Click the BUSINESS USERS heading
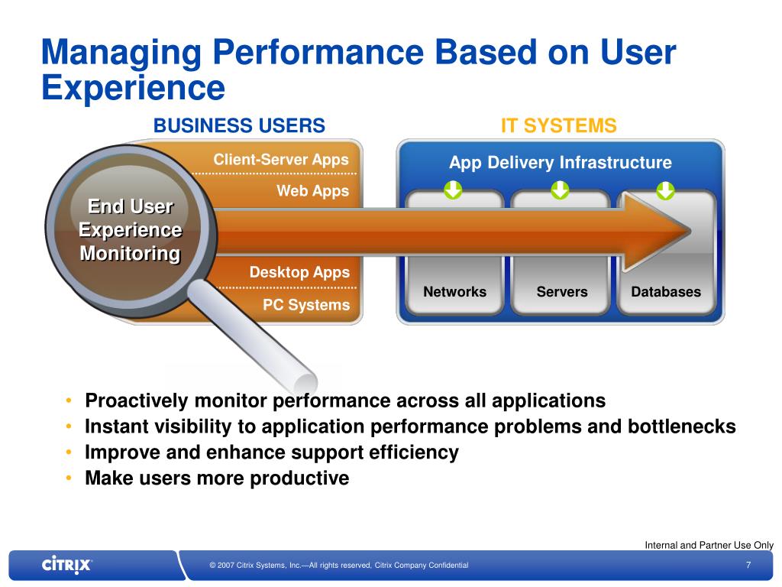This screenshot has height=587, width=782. click(x=240, y=126)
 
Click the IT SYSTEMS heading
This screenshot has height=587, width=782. click(x=558, y=126)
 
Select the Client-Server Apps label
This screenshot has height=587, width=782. click(x=281, y=160)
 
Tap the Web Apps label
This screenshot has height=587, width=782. click(x=312, y=191)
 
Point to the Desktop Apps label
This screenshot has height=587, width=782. click(x=299, y=272)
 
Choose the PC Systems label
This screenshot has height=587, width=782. click(x=306, y=306)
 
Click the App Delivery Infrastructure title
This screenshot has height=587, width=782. click(x=561, y=163)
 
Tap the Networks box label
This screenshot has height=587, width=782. click(x=454, y=292)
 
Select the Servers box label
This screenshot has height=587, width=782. click(x=562, y=292)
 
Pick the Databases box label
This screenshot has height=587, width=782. click(x=666, y=292)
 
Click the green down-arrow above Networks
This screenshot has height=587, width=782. click(x=454, y=189)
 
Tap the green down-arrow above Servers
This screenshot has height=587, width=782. click(x=561, y=189)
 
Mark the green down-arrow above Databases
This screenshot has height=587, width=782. click(x=666, y=189)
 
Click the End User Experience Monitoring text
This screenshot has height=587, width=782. click(x=131, y=230)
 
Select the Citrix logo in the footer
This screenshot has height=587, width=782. click(x=67, y=565)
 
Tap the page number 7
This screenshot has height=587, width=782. click(x=748, y=565)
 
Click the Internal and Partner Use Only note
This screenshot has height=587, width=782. click(x=709, y=545)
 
